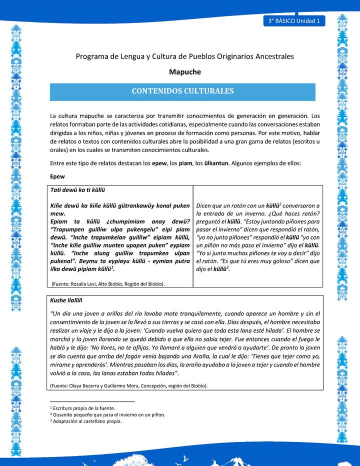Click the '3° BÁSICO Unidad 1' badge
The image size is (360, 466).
(x=293, y=21)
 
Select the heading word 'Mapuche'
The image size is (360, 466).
(x=184, y=72)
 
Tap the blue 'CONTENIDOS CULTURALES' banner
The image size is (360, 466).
(x=182, y=91)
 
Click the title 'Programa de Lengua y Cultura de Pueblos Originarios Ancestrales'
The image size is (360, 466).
(x=184, y=56)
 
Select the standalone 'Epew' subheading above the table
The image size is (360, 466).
(x=57, y=176)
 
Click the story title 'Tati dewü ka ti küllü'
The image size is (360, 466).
(x=77, y=190)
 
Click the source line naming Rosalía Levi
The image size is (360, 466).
(x=108, y=284)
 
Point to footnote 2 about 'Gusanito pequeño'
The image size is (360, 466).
(x=107, y=414)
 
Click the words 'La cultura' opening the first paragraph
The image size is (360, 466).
(x=64, y=115)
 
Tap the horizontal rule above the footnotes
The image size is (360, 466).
(x=92, y=401)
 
